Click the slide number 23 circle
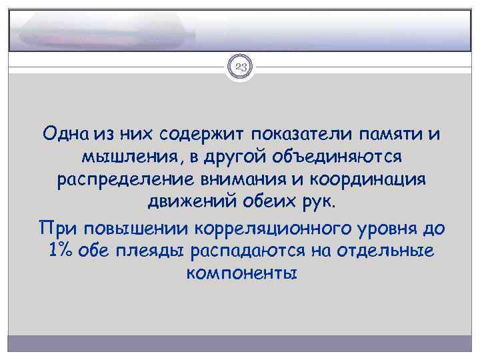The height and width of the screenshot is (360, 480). click(x=240, y=67)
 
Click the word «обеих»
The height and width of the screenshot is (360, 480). click(x=271, y=205)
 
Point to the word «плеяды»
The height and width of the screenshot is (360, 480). click(x=155, y=252)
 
